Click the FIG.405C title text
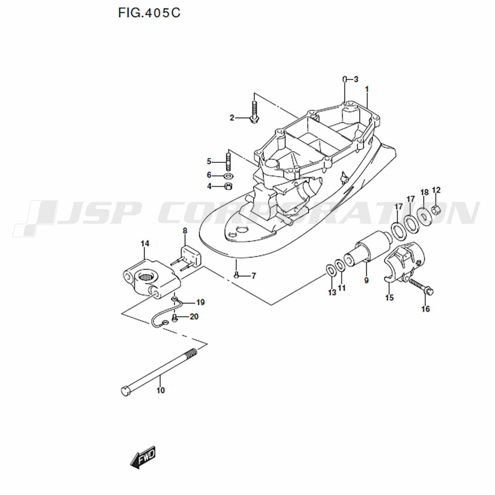click(x=149, y=13)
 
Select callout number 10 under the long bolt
click(x=161, y=391)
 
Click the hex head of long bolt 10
click(x=126, y=391)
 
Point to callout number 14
click(x=145, y=244)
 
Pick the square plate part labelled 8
click(x=191, y=256)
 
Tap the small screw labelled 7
click(x=236, y=276)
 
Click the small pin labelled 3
click(x=346, y=79)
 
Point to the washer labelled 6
click(x=229, y=175)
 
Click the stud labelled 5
click(x=228, y=161)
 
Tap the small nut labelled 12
click(x=436, y=209)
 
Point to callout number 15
click(x=389, y=297)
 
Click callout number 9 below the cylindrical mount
click(x=366, y=280)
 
